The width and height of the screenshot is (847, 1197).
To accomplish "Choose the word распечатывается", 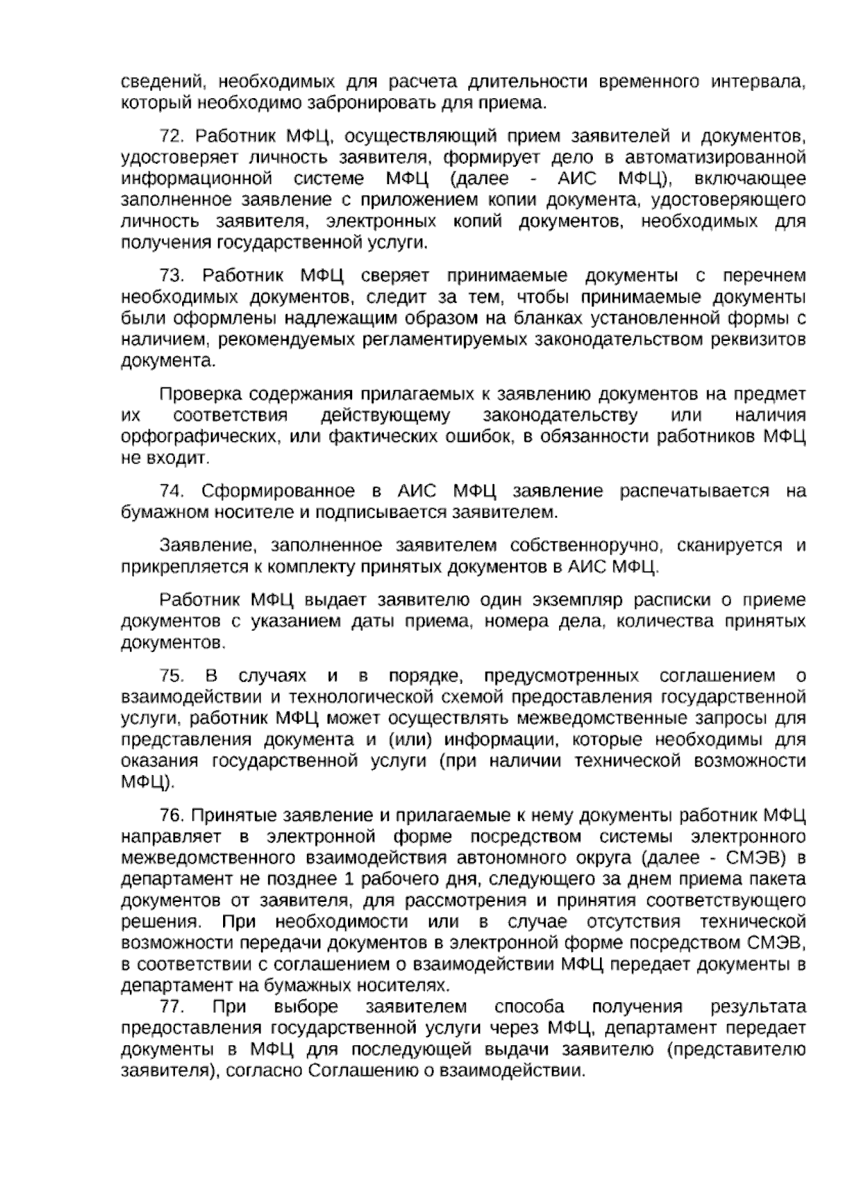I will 694,491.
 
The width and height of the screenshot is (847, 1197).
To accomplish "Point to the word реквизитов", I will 762,339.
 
